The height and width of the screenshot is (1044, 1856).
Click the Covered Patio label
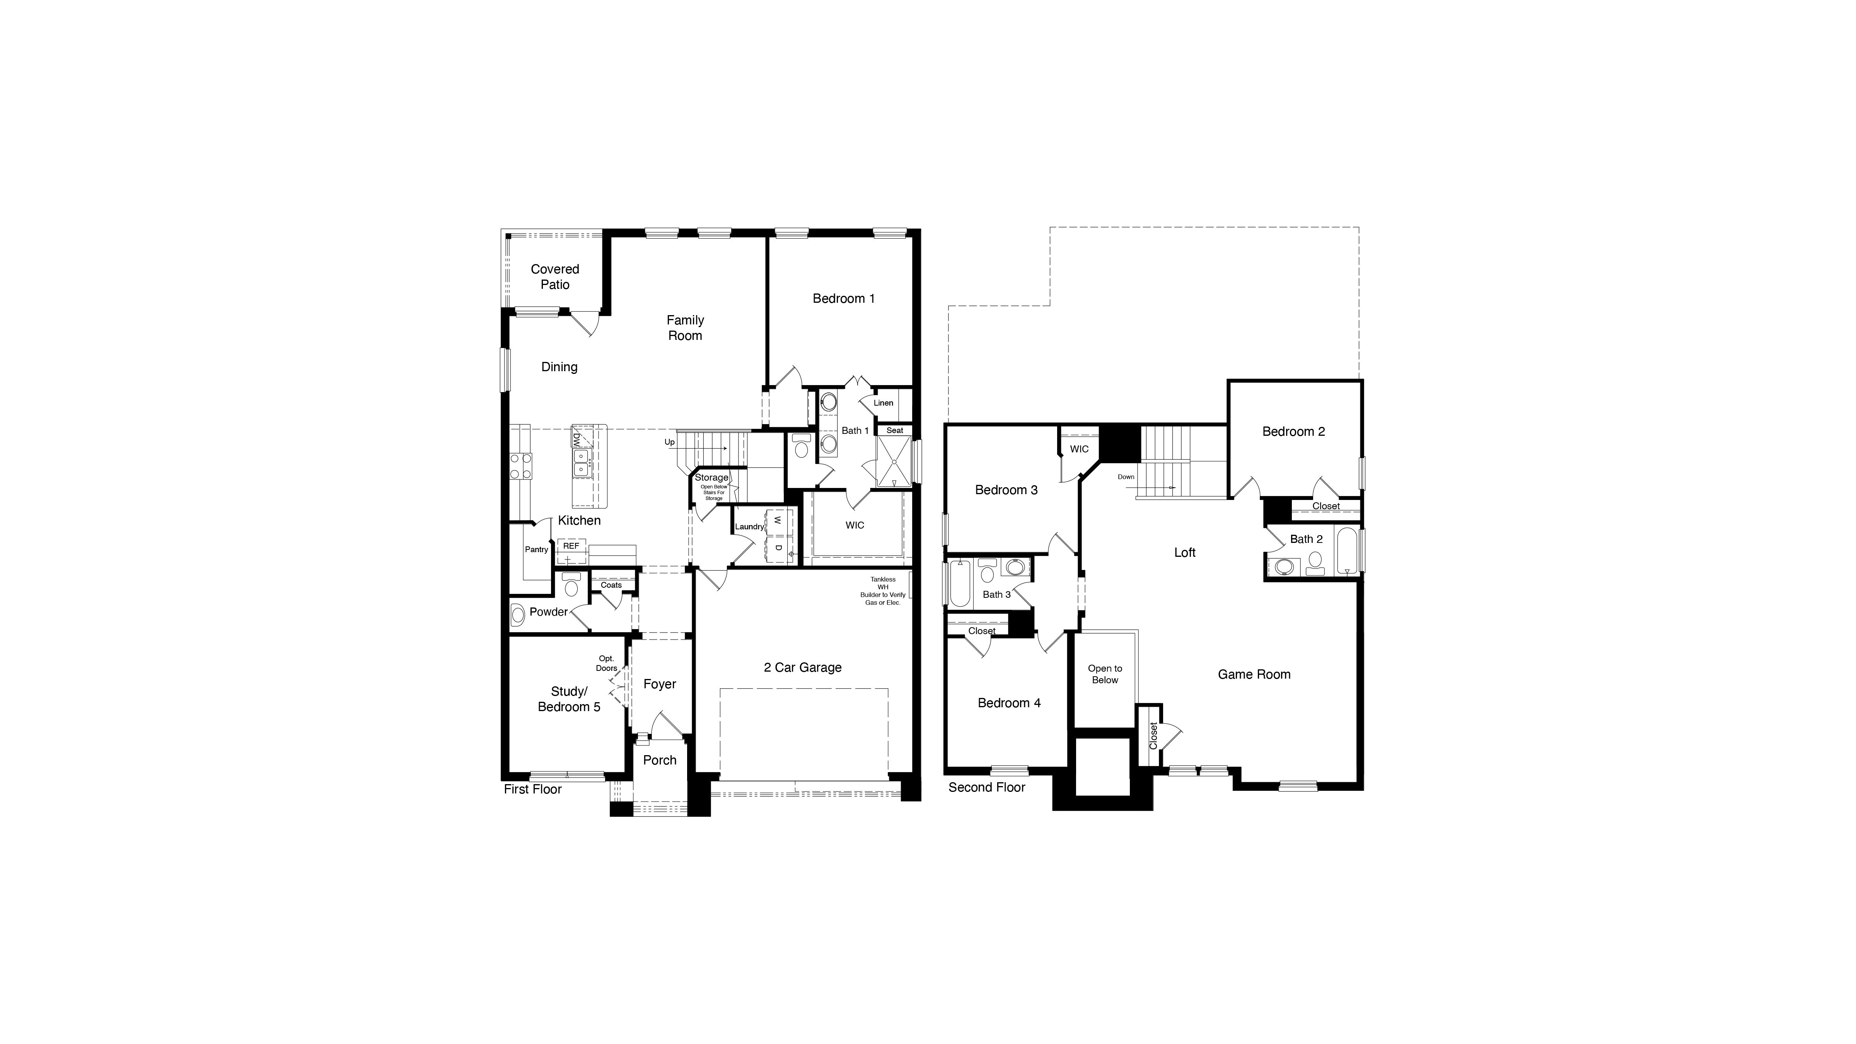tap(555, 277)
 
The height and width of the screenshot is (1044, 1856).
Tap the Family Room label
tap(684, 328)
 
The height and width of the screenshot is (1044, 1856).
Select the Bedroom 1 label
tap(843, 298)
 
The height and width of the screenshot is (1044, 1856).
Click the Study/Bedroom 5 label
tap(568, 699)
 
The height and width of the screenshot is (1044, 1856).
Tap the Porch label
tap(659, 760)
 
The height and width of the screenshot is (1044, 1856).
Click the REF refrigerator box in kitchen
tap(571, 546)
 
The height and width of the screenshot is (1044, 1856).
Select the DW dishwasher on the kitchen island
tap(577, 439)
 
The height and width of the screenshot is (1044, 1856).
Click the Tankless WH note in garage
tap(883, 590)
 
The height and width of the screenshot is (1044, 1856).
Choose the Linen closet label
tap(883, 403)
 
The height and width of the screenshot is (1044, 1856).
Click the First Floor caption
tap(532, 789)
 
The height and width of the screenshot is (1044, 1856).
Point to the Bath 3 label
tap(996, 594)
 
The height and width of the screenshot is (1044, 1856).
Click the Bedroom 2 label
tap(1293, 432)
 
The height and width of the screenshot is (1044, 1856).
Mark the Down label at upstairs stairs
tap(1126, 477)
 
